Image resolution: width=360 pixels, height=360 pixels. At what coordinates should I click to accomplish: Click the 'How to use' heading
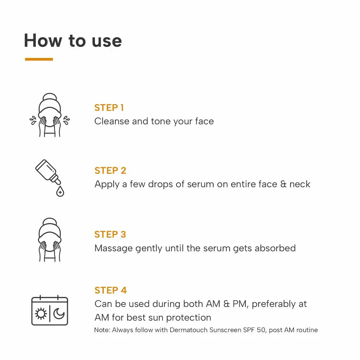(x=73, y=40)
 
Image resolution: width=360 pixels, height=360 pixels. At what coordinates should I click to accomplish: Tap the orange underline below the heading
(x=39, y=59)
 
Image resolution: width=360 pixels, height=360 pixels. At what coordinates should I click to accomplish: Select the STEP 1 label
(x=109, y=108)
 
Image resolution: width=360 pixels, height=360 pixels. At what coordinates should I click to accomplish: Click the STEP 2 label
(x=110, y=171)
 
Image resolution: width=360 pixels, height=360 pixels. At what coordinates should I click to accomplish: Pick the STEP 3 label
(x=110, y=234)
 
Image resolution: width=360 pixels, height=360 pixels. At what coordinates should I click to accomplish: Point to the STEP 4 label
(x=110, y=290)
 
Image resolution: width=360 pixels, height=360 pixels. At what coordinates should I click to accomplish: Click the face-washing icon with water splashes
(x=50, y=115)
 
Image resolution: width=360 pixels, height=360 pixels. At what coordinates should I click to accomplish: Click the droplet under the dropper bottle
(x=60, y=192)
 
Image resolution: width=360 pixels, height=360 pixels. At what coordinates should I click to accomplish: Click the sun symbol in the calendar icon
(x=41, y=313)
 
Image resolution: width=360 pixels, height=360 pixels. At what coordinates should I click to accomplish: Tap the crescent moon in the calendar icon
(x=59, y=313)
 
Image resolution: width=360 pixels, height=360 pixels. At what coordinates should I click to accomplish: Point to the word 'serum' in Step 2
(x=200, y=184)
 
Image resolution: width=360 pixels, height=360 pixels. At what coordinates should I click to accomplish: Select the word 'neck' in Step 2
(x=300, y=184)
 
